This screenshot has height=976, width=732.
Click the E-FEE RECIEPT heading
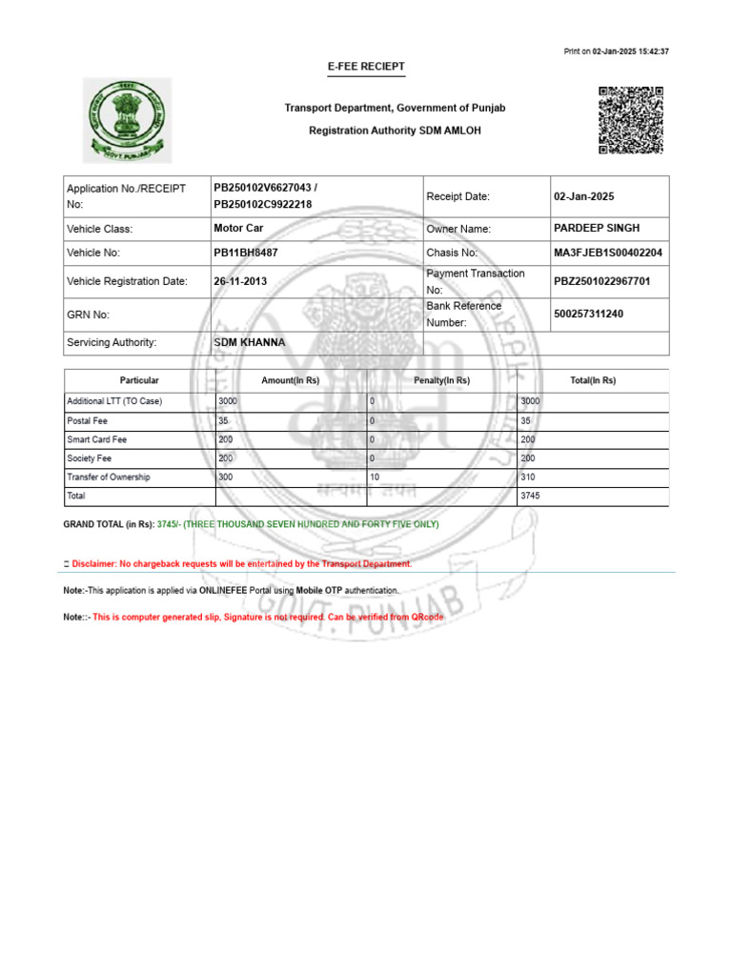[x=367, y=67]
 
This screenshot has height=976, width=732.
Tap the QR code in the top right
[x=630, y=120]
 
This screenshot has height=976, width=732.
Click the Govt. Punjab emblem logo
[x=128, y=120]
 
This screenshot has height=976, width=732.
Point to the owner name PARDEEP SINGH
[x=597, y=228]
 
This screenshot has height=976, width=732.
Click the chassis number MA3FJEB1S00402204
[x=608, y=253]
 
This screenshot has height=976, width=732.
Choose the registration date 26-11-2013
[x=242, y=281]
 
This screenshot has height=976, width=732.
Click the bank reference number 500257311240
[x=589, y=314]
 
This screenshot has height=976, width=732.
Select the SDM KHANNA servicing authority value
[x=250, y=342]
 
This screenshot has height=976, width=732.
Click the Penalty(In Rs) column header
[x=442, y=380]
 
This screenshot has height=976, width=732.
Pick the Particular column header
[x=139, y=380]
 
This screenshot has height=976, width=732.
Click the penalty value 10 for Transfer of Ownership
[x=375, y=477]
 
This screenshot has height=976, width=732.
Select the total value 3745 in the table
[x=530, y=496]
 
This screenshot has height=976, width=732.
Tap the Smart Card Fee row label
[x=96, y=439]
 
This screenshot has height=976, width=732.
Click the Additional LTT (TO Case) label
[x=114, y=401]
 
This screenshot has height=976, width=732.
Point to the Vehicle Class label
[x=100, y=229]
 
